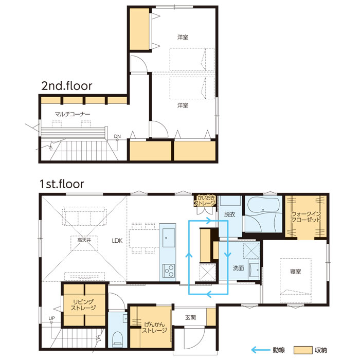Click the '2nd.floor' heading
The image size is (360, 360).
click(67, 86)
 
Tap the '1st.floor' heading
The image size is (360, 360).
click(62, 184)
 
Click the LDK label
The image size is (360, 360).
click(117, 241)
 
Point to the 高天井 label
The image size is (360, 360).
click(84, 240)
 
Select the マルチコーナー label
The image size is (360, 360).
click(73, 114)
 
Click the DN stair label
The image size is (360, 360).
click(117, 136)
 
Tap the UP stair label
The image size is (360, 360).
click(51, 318)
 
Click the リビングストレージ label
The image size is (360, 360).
click(83, 305)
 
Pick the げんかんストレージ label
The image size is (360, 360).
click(154, 328)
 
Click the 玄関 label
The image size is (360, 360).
click(190, 317)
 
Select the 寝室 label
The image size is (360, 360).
click(295, 272)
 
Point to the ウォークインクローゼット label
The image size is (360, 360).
click(306, 217)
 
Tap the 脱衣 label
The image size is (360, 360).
click(229, 214)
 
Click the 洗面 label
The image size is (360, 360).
click(238, 268)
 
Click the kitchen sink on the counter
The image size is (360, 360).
click(168, 238)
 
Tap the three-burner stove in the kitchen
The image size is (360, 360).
click(169, 271)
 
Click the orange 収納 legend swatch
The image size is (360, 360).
click(303, 350)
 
